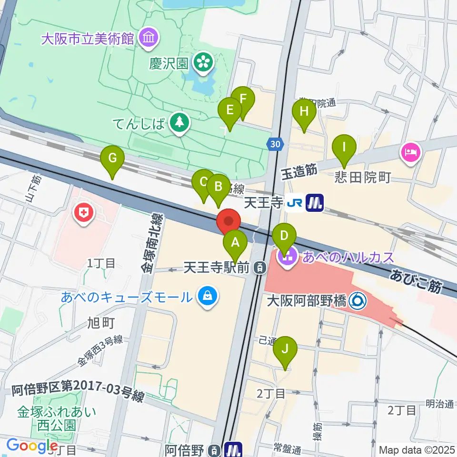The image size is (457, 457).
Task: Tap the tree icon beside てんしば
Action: tap(179, 124)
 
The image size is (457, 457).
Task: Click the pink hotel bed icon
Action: tap(410, 153)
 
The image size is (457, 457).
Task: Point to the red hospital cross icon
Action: tap(85, 214)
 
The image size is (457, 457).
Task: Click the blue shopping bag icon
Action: tap(208, 297)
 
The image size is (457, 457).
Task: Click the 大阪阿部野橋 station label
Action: tap(307, 300)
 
